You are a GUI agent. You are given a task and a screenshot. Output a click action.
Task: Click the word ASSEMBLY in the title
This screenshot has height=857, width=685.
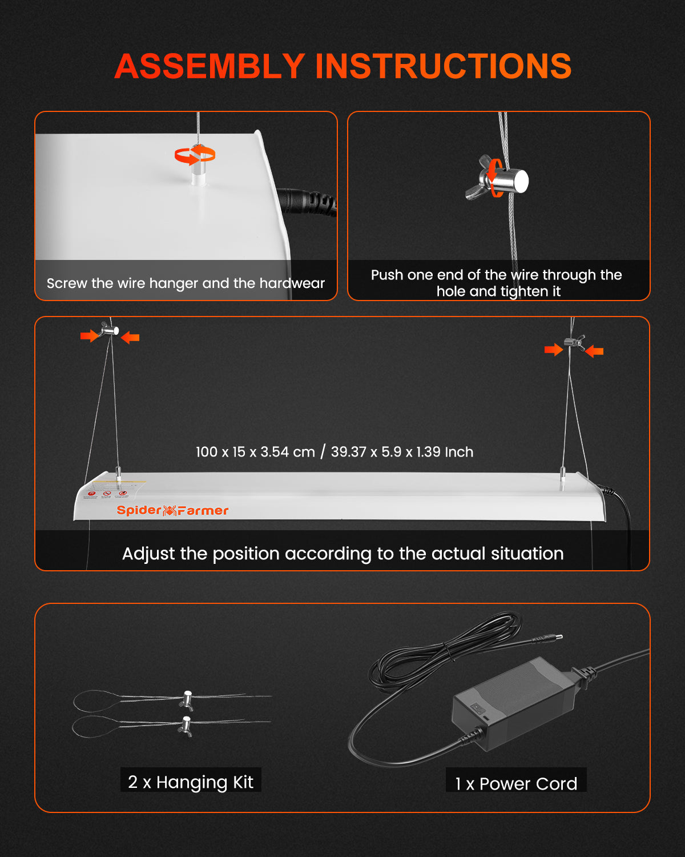tap(209, 66)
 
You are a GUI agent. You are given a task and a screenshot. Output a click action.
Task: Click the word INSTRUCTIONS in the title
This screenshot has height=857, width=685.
tap(443, 66)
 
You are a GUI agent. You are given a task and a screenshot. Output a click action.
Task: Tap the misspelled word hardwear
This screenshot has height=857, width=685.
tap(292, 283)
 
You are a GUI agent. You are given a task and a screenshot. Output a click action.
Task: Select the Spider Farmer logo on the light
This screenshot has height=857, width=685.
tap(172, 510)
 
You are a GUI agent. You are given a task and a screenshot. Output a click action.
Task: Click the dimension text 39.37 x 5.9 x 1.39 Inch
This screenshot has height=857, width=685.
tap(402, 452)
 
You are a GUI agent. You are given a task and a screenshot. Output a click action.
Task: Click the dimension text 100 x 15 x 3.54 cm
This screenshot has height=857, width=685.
tap(255, 452)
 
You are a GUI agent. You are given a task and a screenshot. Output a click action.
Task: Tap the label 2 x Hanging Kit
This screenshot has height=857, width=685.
tap(191, 782)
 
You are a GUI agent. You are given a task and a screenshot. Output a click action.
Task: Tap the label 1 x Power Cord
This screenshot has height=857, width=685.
tap(516, 784)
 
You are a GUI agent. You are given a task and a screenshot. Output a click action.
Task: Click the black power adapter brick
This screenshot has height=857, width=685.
tap(513, 704)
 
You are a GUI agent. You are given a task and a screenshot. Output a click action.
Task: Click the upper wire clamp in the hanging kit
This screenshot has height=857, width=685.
tap(187, 700)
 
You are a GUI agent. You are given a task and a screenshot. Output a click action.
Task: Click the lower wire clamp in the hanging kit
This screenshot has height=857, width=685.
tap(186, 726)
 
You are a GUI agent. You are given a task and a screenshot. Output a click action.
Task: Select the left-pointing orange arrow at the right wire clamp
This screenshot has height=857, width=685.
tap(594, 351)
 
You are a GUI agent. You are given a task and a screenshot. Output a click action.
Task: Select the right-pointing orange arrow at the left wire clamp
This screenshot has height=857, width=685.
tap(90, 336)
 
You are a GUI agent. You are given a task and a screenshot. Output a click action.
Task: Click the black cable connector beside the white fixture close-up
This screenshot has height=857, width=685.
tap(307, 202)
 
